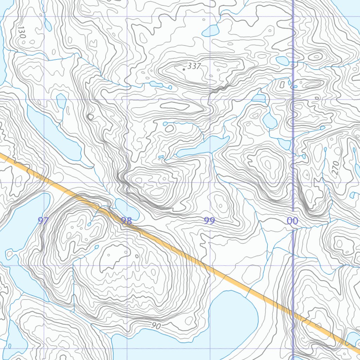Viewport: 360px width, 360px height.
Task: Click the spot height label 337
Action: coord(194,66)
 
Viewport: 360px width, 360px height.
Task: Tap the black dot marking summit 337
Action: coord(184,70)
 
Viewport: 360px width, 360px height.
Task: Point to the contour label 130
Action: coord(22,32)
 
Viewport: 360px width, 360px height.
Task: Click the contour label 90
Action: coord(156,326)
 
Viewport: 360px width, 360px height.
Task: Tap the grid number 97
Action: coord(43,220)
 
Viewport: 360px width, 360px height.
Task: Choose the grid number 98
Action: coord(126,220)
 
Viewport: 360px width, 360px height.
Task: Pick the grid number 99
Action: coord(210,220)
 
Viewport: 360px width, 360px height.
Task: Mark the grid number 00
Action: coord(292,221)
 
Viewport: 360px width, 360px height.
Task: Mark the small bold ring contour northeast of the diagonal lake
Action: coord(90,117)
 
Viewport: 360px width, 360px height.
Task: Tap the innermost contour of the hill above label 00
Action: coord(268,164)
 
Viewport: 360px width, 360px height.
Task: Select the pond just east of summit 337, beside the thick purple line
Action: coord(282,61)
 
